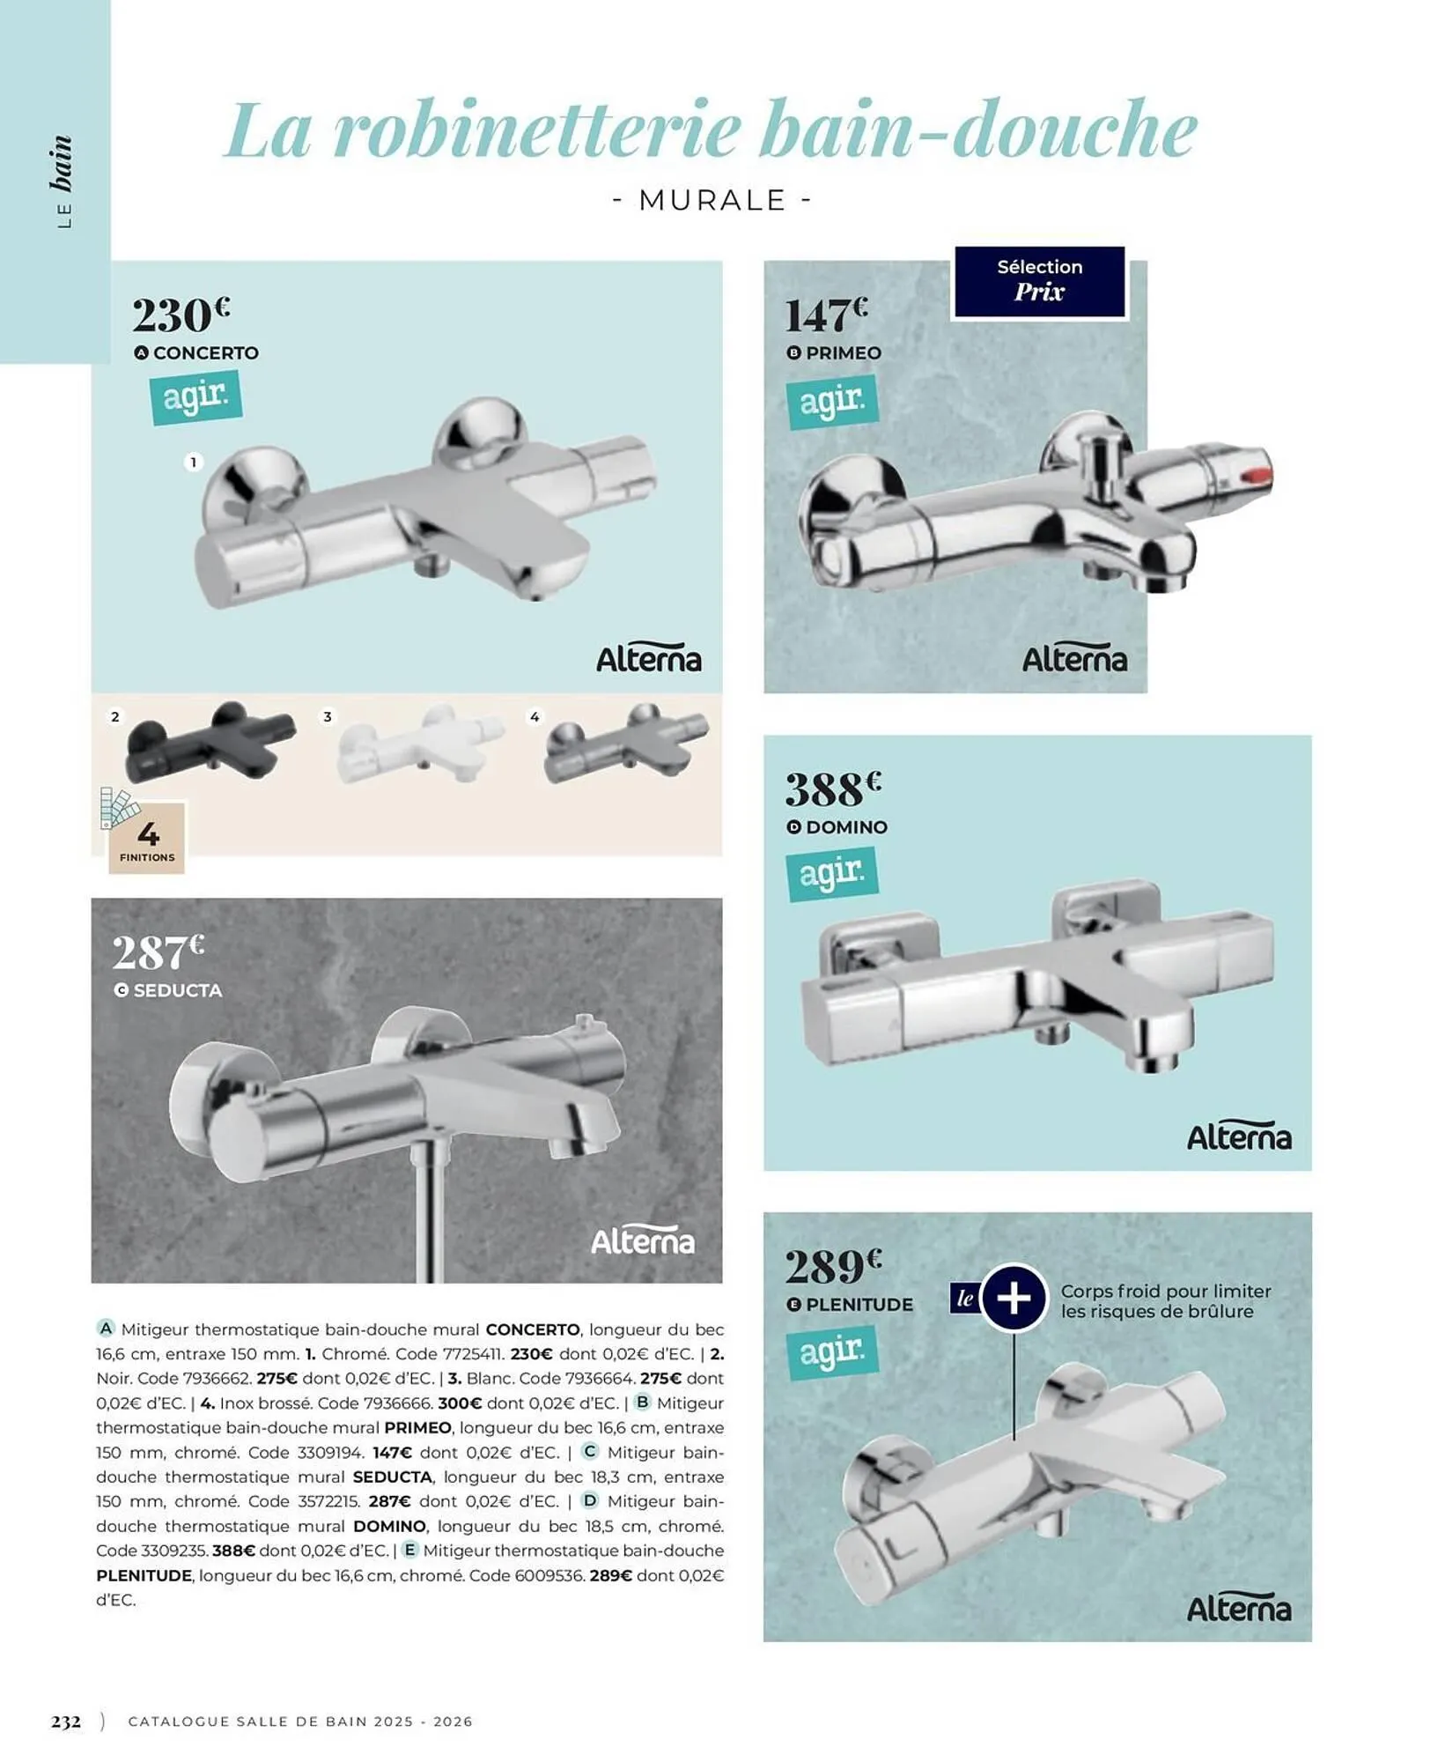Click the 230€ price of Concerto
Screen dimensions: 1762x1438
pos(181,315)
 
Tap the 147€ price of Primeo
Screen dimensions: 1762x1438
pos(825,315)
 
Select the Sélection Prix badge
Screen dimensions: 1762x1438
pos(1039,281)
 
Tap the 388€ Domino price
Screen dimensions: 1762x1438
pos(832,788)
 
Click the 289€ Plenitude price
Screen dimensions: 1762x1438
pos(832,1267)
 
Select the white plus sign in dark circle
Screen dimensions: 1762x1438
pos(1014,1298)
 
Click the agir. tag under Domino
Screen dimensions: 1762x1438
pos(831,873)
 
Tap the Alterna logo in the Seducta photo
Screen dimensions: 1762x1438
pos(642,1240)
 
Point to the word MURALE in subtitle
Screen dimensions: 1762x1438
pos(712,201)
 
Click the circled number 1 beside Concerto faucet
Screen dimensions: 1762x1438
pos(193,462)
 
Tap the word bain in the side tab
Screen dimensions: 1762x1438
pos(61,164)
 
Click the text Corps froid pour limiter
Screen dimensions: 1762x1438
pos(1165,1291)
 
